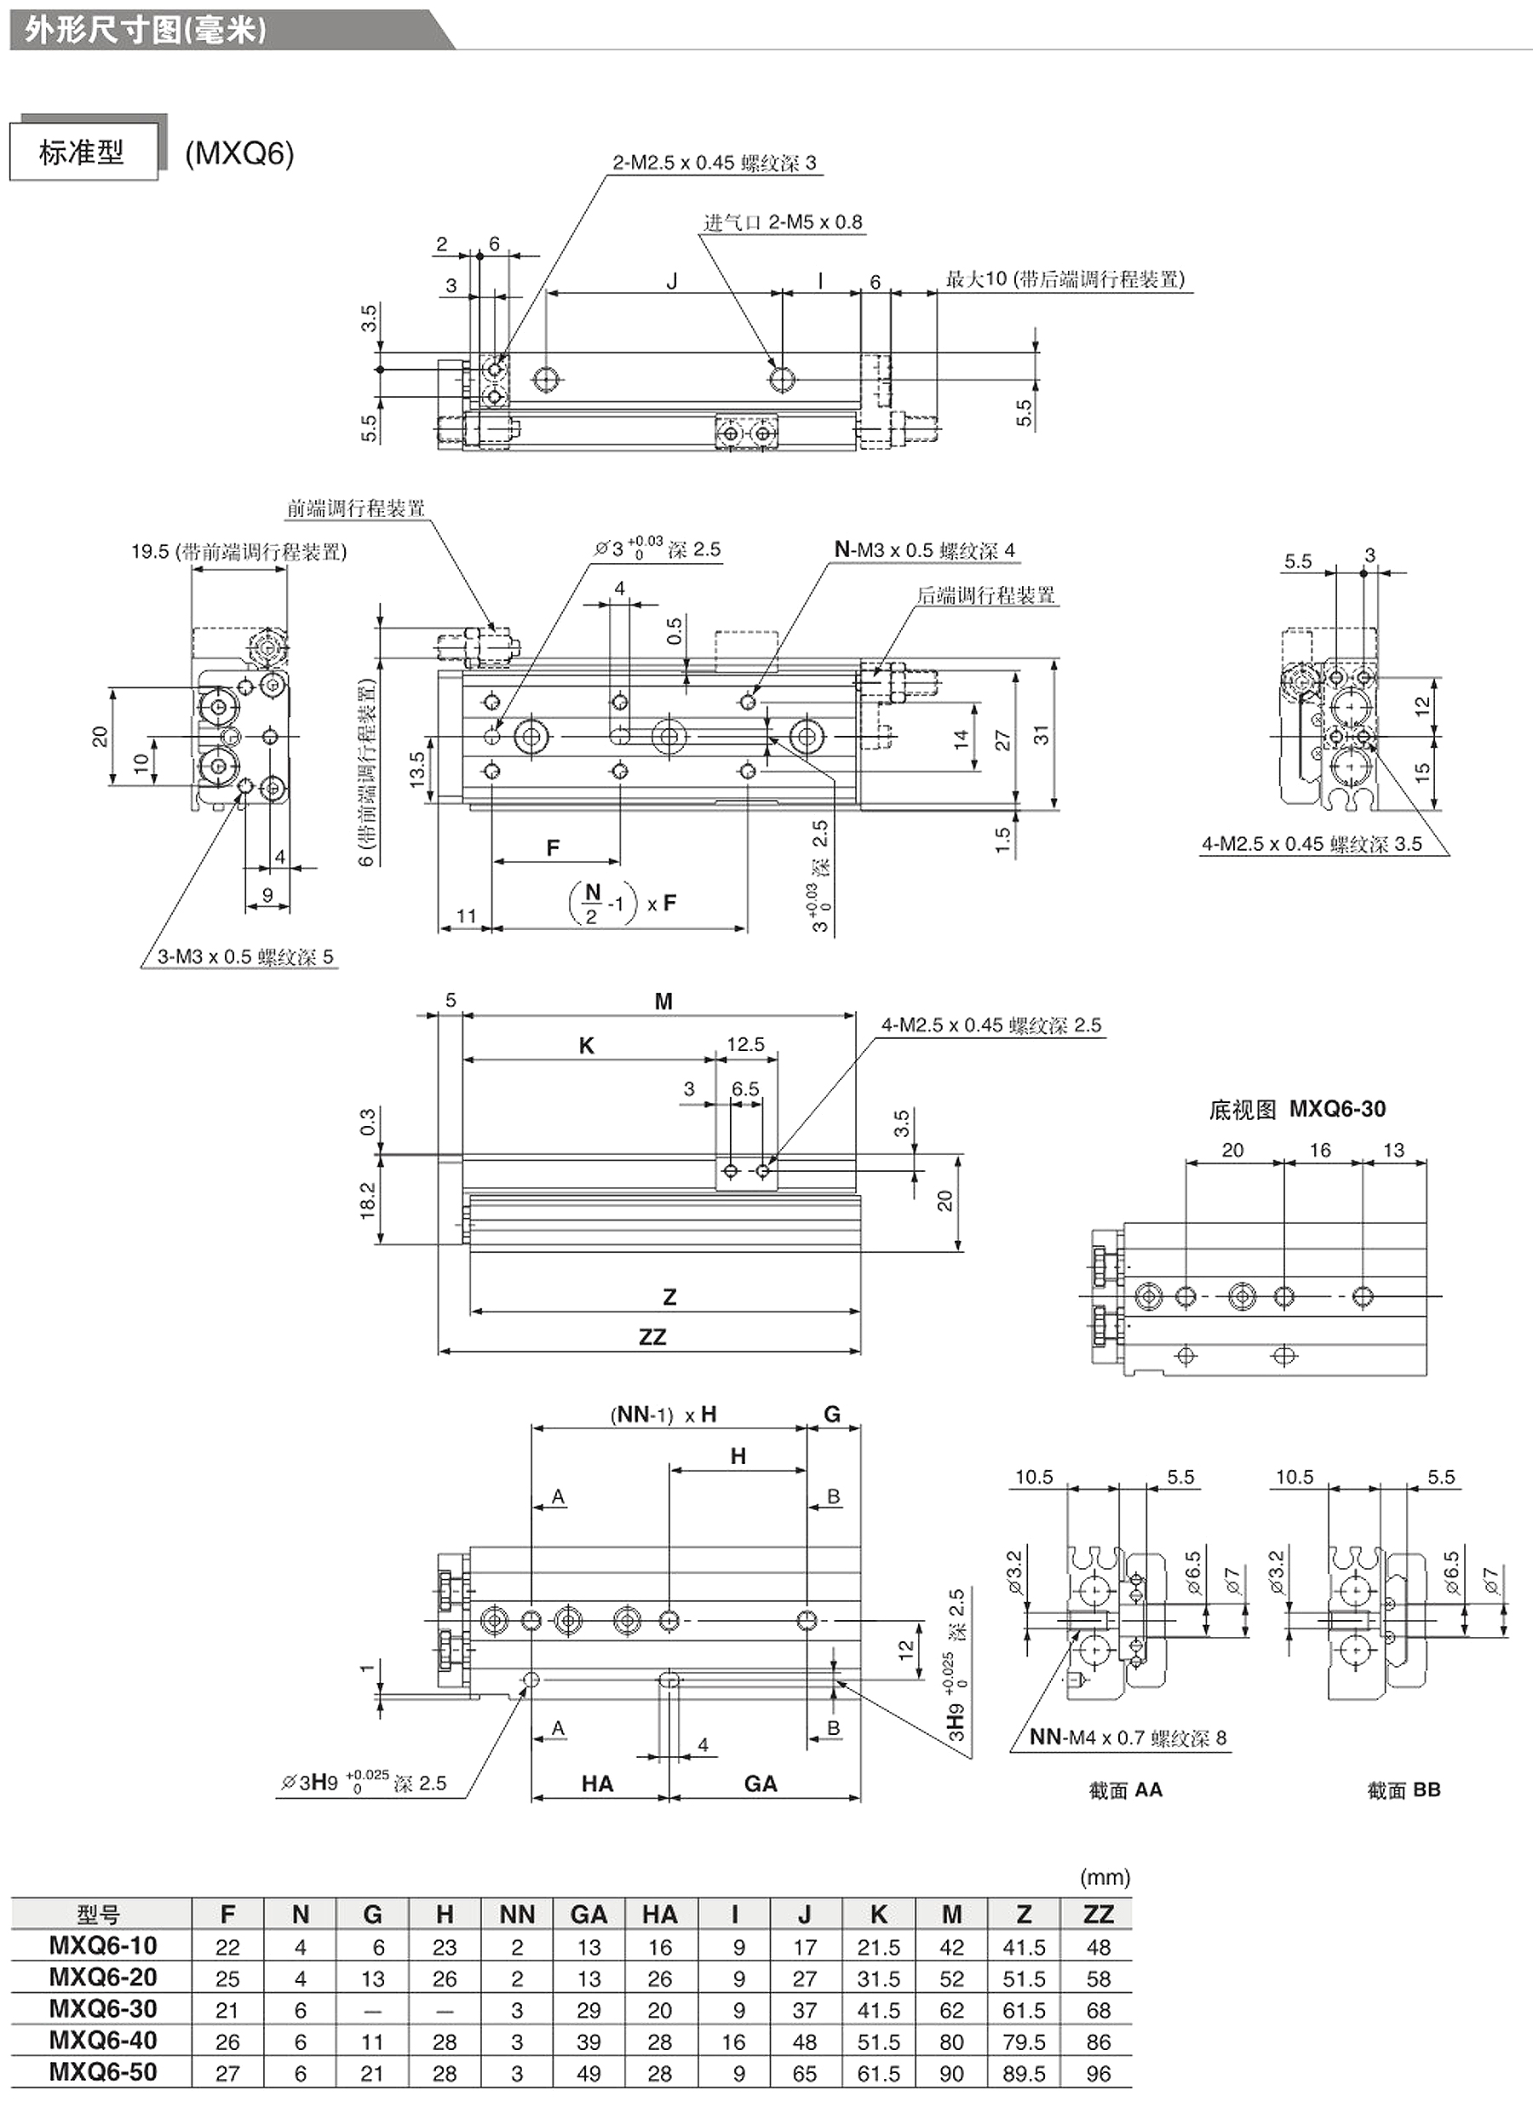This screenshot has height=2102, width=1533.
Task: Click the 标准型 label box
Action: [x=83, y=152]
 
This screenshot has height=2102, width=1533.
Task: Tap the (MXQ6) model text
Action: [x=239, y=153]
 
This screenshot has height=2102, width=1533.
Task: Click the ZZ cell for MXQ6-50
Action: [x=1098, y=2073]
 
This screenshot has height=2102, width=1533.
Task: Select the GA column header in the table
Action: [x=589, y=1915]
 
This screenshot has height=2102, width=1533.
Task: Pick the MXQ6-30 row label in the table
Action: [x=103, y=2009]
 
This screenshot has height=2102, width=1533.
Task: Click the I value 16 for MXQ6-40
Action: [x=733, y=2042]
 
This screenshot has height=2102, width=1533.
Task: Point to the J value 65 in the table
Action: [x=805, y=2073]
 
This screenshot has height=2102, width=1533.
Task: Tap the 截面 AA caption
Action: [x=1126, y=1790]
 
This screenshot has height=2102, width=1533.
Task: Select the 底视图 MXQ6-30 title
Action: [x=1297, y=1109]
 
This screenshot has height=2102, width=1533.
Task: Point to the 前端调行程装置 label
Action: [x=356, y=508]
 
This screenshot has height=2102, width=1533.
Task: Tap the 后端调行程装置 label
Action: [x=986, y=594]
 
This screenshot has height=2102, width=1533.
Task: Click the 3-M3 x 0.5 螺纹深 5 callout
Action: [x=245, y=956]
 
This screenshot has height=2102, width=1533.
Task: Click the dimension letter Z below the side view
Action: [x=669, y=1296]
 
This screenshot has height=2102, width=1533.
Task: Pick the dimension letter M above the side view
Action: [x=663, y=1002]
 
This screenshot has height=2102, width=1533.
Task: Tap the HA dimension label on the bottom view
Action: [x=598, y=1783]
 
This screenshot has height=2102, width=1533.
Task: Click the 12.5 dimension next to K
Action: [x=745, y=1045]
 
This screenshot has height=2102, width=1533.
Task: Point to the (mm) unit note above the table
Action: [x=1105, y=1877]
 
